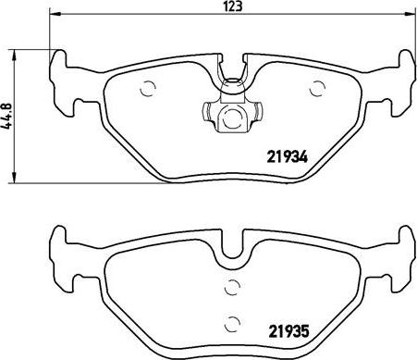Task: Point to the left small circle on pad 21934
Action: (146, 90)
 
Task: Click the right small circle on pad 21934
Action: (317, 89)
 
